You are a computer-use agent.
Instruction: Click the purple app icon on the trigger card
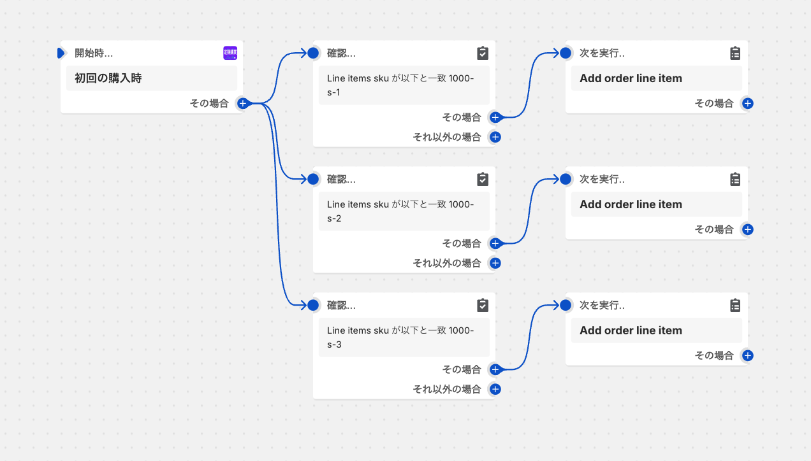(x=230, y=53)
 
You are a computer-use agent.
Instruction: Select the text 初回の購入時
(x=108, y=78)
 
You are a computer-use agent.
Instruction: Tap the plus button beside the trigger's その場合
(x=242, y=103)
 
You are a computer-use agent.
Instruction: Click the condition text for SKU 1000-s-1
(x=400, y=85)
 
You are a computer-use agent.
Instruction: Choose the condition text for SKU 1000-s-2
(x=400, y=211)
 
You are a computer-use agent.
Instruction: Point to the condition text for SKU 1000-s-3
(x=400, y=337)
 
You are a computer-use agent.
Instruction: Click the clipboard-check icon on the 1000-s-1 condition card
(x=483, y=53)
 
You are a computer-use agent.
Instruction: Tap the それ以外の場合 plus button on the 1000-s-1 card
(x=495, y=137)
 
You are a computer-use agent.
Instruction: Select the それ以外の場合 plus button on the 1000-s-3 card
(x=495, y=389)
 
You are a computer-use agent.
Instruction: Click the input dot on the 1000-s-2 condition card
(x=313, y=179)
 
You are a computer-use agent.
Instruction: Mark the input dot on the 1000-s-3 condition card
(x=313, y=305)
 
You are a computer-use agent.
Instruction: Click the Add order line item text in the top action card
(x=631, y=78)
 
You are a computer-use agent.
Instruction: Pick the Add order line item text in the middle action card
(x=631, y=204)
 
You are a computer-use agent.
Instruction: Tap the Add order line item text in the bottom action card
(x=631, y=330)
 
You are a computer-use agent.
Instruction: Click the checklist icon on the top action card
(x=735, y=53)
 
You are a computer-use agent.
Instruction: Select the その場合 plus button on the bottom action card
(x=747, y=355)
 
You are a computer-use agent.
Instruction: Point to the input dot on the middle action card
(x=566, y=179)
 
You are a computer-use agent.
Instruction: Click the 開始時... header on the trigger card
(x=94, y=53)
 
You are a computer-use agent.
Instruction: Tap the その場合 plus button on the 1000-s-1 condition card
(x=495, y=117)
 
